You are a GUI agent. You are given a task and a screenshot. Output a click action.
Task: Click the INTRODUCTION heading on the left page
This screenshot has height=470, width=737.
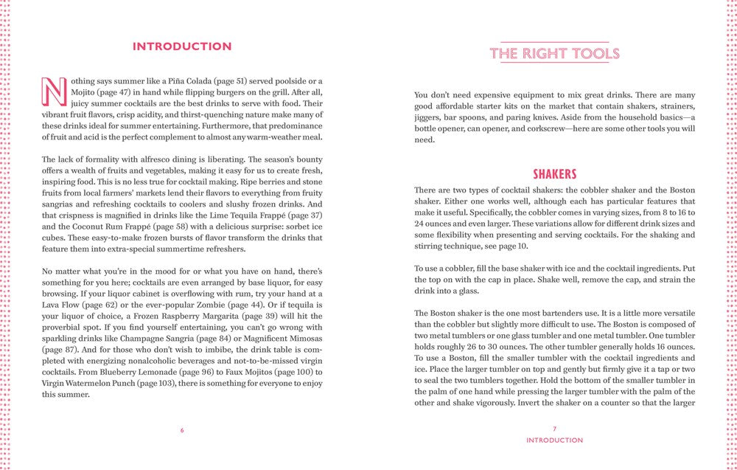[x=182, y=46]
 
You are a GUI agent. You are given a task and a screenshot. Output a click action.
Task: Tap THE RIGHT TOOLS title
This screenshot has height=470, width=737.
[x=554, y=53]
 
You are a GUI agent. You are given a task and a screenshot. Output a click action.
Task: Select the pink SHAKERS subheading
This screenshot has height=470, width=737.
[x=554, y=174]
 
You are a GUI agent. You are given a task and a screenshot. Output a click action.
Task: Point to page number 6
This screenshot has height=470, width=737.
[x=182, y=429]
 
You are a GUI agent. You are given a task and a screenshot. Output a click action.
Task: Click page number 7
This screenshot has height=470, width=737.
[x=554, y=429]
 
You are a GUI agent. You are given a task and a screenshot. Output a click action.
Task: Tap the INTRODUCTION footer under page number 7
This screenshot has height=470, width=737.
[x=554, y=440]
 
